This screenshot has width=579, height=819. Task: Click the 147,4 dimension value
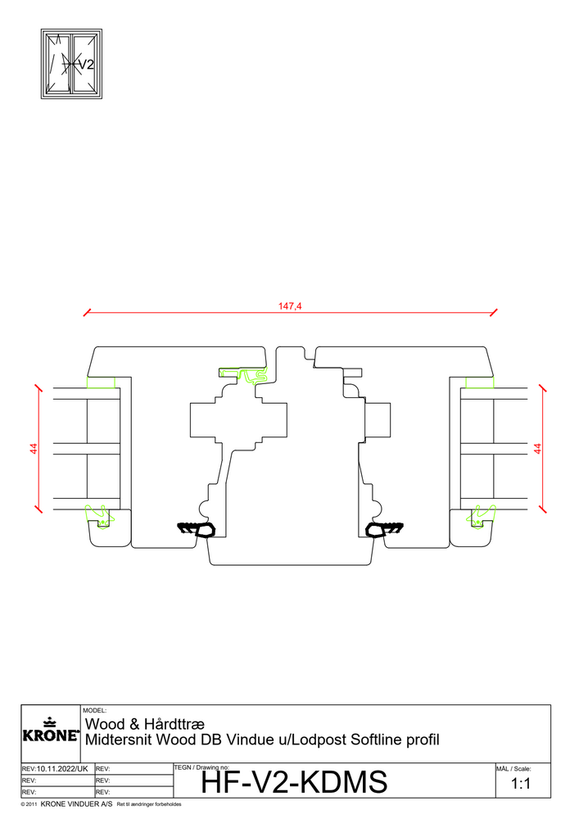coord(290,306)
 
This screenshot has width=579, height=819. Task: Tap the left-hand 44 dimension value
coord(34,448)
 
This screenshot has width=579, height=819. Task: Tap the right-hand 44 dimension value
coord(538,448)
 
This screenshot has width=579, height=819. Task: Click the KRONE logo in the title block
coord(51,731)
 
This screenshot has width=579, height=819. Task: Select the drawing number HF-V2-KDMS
coord(294,782)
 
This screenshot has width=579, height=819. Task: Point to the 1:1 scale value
coord(521,784)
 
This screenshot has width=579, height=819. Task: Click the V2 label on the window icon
coord(86,64)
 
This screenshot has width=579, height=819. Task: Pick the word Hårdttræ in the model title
coord(174,724)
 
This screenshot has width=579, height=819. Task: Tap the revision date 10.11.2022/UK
coord(62,769)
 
